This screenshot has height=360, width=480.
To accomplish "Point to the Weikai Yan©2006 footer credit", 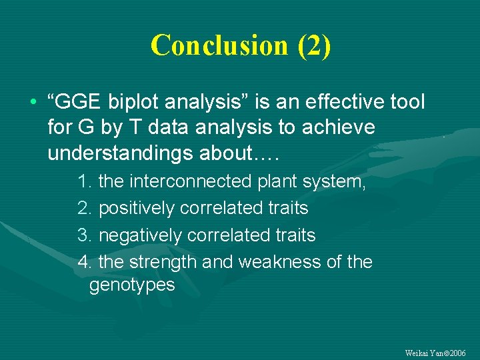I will (435, 352).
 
